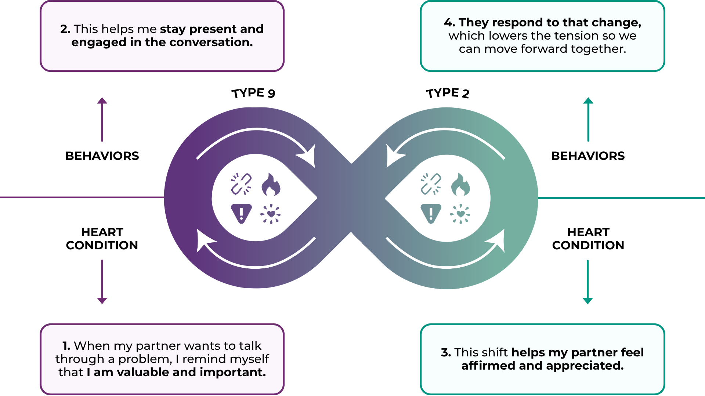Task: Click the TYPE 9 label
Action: (253, 93)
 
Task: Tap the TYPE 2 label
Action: (448, 93)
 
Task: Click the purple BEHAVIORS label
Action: (102, 156)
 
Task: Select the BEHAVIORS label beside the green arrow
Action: (587, 156)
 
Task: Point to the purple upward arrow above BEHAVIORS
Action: (102, 119)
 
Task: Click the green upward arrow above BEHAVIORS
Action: (588, 119)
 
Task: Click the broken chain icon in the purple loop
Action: (241, 184)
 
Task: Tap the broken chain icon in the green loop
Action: (431, 184)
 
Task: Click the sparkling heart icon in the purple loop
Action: (271, 214)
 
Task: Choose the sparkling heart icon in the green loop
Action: (460, 214)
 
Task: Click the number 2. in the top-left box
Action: (65, 29)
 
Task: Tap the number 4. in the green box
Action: (449, 23)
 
